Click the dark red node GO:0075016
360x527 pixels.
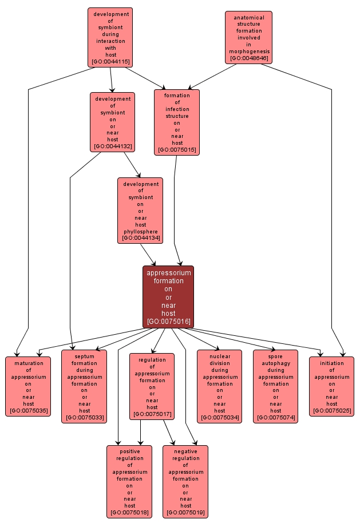pos(168,297)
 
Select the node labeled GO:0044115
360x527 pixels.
pos(110,37)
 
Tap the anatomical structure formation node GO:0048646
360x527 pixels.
pos(248,37)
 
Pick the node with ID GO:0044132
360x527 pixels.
pos(112,122)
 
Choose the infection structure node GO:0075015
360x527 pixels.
pos(177,122)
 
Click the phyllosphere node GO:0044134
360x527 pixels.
pos(140,210)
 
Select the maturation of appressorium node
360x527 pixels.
pos(28,386)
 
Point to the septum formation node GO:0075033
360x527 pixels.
pos(84,386)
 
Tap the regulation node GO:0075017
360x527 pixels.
pos(152,386)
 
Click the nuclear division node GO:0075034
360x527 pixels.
pos(220,386)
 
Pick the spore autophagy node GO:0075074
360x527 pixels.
pos(275,386)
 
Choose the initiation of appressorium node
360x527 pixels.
pos(332,386)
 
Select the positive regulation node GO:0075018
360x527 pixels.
pos(129,481)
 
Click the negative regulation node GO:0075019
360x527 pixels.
pos(185,481)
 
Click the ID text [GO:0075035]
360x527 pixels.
pos(28,410)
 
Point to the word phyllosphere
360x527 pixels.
pos(140,231)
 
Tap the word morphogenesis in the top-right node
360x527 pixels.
pos(248,51)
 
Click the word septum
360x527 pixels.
pos(84,356)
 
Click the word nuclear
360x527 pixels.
pos(220,356)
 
